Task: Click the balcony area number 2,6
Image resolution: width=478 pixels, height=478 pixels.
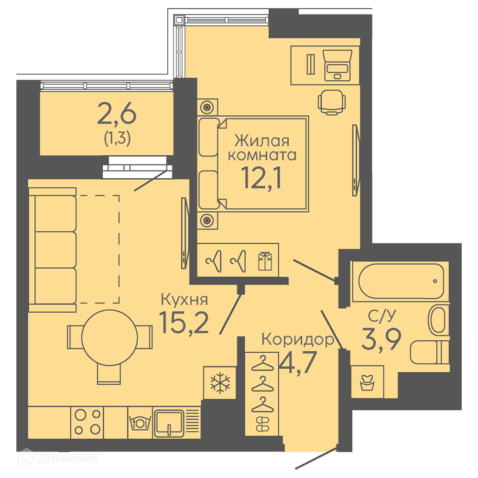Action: [x=117, y=113]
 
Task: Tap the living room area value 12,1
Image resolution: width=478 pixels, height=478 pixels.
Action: [x=261, y=178]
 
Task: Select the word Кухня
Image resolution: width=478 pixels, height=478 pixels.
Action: [x=185, y=299]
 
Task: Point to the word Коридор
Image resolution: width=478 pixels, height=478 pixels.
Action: [x=298, y=340]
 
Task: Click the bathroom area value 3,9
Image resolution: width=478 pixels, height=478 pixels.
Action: [x=381, y=339]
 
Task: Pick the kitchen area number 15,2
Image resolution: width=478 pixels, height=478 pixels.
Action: [x=184, y=323]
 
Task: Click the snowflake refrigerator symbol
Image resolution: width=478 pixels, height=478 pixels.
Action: [x=220, y=383]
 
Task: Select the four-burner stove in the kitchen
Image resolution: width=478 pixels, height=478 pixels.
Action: [x=87, y=422]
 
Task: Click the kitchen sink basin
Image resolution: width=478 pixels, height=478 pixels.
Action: [x=169, y=423]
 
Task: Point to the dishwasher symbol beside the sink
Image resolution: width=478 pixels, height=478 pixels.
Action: [x=140, y=422]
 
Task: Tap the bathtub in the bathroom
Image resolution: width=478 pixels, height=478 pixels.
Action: [x=401, y=281]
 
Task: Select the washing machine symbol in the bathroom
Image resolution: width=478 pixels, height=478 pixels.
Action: [x=367, y=382]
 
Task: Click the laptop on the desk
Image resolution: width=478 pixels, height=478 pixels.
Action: [x=337, y=65]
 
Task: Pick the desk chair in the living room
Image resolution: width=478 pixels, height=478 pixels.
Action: [x=332, y=102]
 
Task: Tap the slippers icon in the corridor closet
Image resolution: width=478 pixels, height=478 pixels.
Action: [x=262, y=424]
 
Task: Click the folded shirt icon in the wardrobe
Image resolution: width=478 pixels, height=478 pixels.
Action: [x=265, y=261]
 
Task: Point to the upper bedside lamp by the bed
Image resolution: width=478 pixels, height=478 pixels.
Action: [x=207, y=107]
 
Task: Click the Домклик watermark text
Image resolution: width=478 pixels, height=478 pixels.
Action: [x=68, y=458]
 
